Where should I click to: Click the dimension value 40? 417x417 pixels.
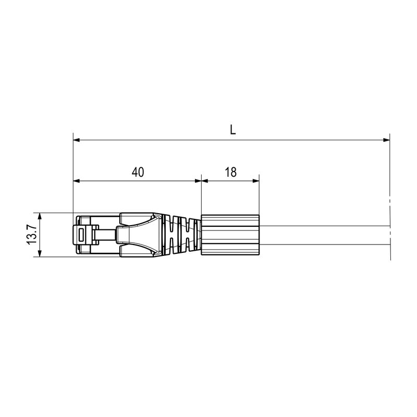[x=138, y=172]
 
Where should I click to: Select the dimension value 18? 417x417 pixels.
[x=230, y=172]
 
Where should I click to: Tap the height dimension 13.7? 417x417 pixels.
[x=31, y=235]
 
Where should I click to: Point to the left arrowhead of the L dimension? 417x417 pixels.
[x=76, y=140]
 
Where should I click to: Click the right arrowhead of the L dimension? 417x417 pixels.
[x=386, y=140]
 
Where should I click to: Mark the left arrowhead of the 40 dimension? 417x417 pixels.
[x=76, y=181]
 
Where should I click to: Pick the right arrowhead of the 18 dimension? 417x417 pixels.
[x=256, y=181]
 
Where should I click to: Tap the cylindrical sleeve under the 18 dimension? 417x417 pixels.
[x=230, y=235]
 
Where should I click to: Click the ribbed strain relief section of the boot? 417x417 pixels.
[x=182, y=235]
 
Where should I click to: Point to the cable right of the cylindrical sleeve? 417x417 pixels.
[x=323, y=235]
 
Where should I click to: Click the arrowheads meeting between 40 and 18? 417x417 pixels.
[x=201, y=181]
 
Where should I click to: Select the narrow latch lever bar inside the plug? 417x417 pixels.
[x=107, y=235]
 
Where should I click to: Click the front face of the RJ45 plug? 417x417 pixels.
[x=75, y=235]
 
